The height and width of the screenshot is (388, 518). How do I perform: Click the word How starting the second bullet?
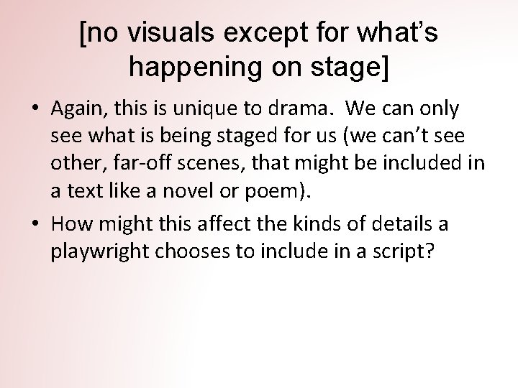68,225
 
